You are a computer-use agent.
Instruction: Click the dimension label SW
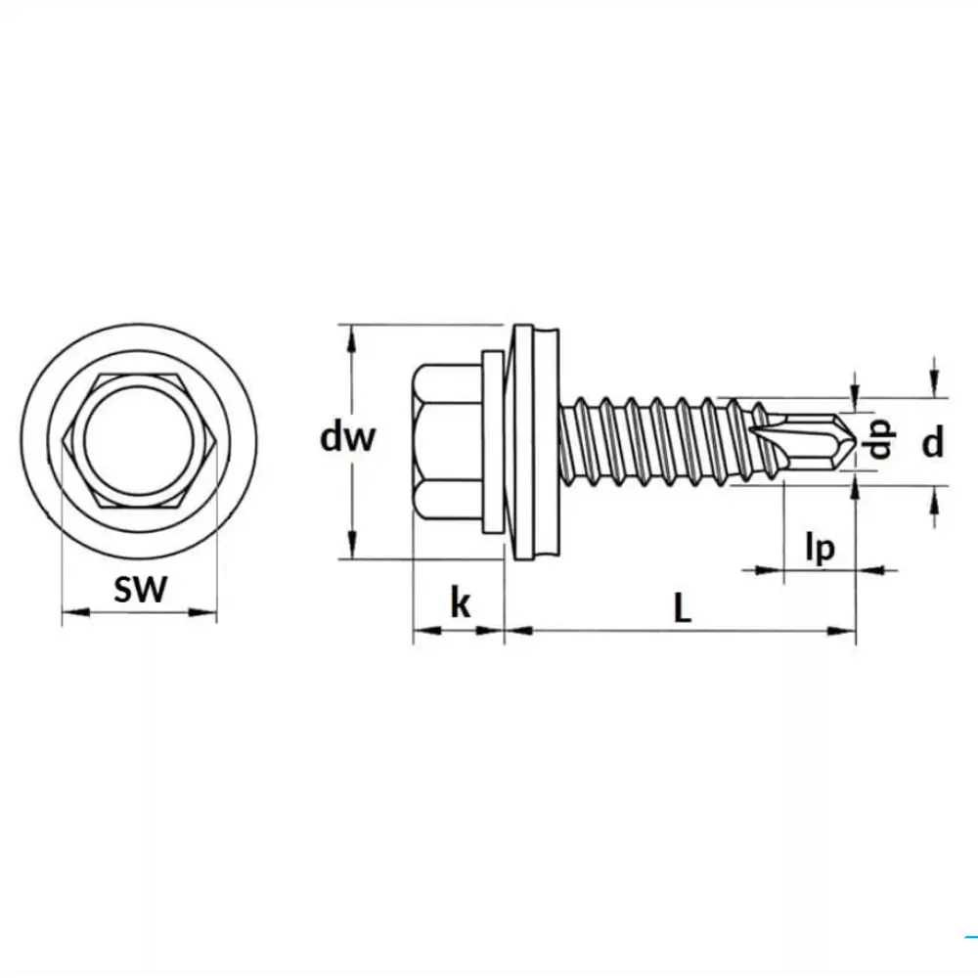[140, 590]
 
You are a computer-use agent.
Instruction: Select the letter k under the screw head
[461, 603]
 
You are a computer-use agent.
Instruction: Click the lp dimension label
[820, 549]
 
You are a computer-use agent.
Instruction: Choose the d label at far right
[932, 443]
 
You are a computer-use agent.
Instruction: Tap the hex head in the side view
[447, 442]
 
